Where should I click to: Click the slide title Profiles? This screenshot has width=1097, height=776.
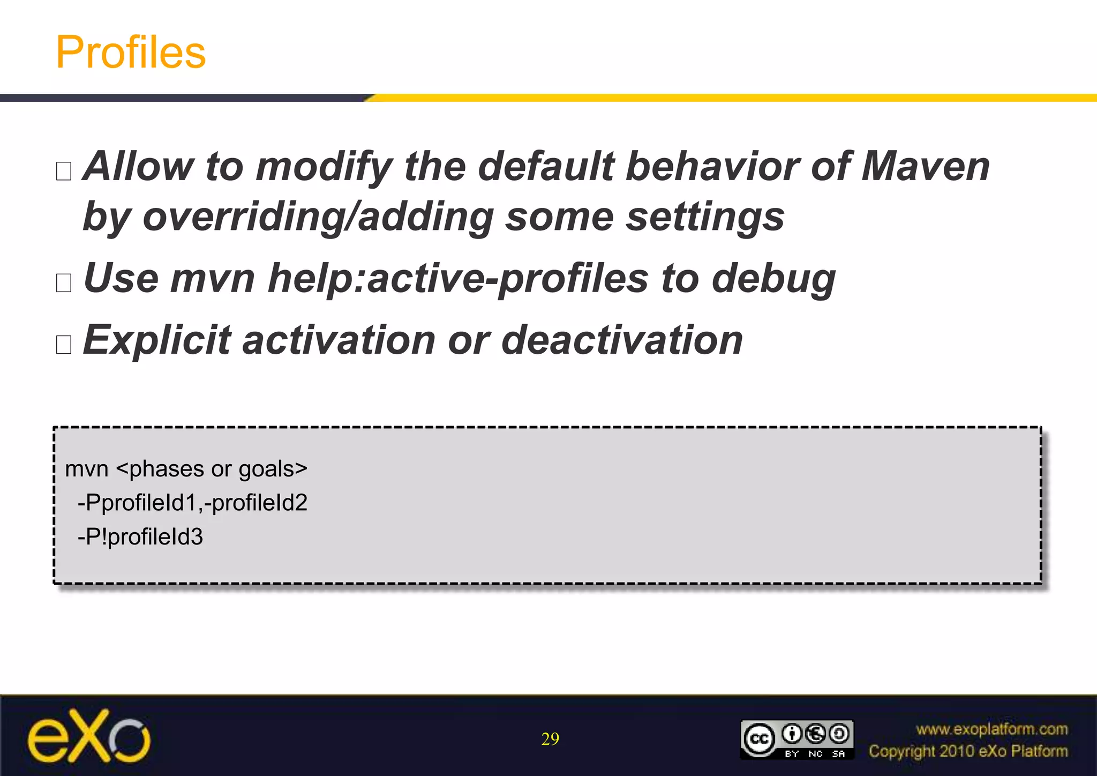pyautogui.click(x=131, y=52)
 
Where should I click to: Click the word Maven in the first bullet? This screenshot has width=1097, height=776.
pyautogui.click(x=925, y=166)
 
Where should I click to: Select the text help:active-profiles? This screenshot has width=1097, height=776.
pyautogui.click(x=458, y=278)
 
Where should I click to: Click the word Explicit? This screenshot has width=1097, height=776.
pyautogui.click(x=156, y=340)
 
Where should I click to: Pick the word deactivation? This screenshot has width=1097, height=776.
pyautogui.click(x=622, y=340)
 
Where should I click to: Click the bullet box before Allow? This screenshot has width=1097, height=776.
pyautogui.click(x=64, y=171)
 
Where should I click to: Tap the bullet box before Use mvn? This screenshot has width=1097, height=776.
pyautogui.click(x=64, y=282)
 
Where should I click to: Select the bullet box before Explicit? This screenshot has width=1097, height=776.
pyautogui.click(x=64, y=345)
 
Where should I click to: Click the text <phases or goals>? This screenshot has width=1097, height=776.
pyautogui.click(x=212, y=469)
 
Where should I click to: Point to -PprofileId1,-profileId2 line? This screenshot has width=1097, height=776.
pyautogui.click(x=192, y=503)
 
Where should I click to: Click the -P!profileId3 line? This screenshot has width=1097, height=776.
pyautogui.click(x=140, y=537)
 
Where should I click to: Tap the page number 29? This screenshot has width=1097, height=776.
pyautogui.click(x=550, y=739)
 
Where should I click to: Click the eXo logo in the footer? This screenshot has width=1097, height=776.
pyautogui.click(x=89, y=736)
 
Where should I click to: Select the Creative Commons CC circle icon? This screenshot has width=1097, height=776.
pyautogui.click(x=759, y=739)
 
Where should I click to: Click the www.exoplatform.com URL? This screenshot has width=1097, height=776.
pyautogui.click(x=991, y=729)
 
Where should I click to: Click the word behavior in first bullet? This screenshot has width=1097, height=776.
pyautogui.click(x=712, y=166)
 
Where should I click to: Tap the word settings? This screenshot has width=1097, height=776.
pyautogui.click(x=705, y=217)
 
